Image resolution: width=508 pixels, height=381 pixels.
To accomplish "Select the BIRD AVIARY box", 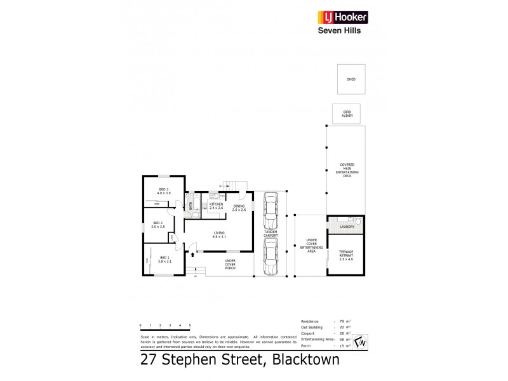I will [347, 113].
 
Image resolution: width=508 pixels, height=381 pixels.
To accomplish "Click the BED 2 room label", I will [158, 225].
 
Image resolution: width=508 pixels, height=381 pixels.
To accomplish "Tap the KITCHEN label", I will [217, 206].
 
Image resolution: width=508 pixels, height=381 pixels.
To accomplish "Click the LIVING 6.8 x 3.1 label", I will [218, 236].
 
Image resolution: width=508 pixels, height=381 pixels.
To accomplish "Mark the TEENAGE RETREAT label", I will [346, 255].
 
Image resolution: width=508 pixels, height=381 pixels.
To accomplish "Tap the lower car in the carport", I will [270, 258].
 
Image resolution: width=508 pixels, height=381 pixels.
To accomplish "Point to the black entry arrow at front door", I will [192, 255].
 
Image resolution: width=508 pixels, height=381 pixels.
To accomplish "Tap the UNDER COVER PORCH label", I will [230, 264].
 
